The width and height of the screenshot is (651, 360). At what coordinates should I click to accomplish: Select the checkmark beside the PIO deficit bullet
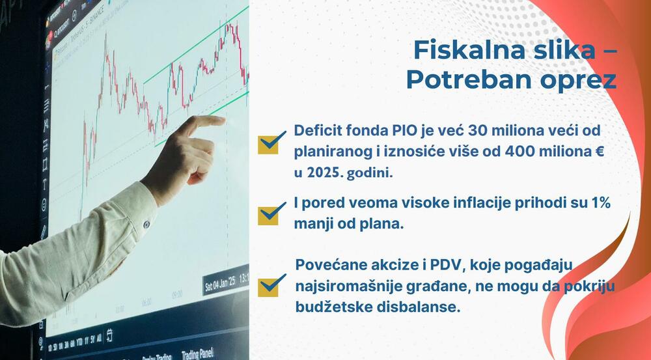point(272,143)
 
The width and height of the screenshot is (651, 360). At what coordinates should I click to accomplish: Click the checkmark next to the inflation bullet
point(272,214)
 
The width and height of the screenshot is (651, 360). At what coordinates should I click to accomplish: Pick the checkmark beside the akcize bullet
point(272,286)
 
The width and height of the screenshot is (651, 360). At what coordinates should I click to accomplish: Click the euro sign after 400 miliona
point(600,151)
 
